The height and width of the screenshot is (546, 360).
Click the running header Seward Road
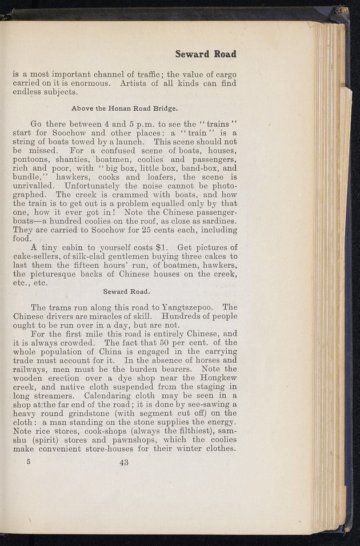206,54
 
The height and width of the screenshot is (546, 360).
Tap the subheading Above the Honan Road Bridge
125,107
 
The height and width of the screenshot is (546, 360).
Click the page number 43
124,463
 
